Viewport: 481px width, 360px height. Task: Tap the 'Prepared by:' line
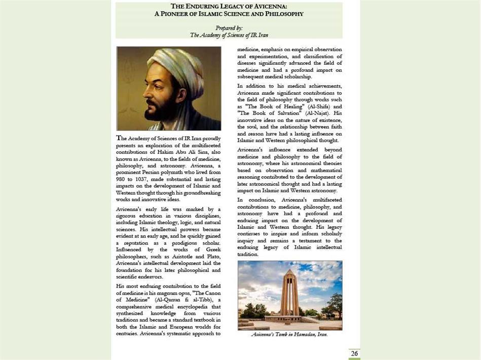point(229,28)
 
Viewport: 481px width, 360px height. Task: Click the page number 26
point(354,353)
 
